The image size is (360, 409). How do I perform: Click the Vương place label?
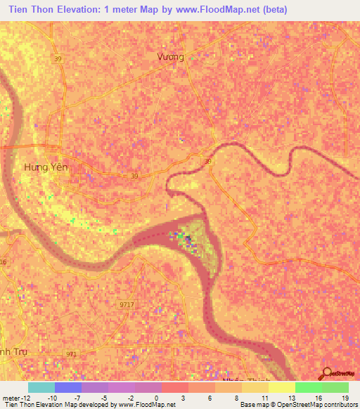click(x=171, y=57)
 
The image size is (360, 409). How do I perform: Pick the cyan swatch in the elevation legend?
click(x=41, y=387)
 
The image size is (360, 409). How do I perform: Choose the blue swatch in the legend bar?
click(x=67, y=387)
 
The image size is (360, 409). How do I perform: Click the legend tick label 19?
click(x=344, y=398)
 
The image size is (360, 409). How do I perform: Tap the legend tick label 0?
click(x=156, y=398)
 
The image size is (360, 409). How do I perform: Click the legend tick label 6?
click(x=210, y=398)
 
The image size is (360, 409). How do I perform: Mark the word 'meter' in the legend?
click(x=10, y=398)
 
